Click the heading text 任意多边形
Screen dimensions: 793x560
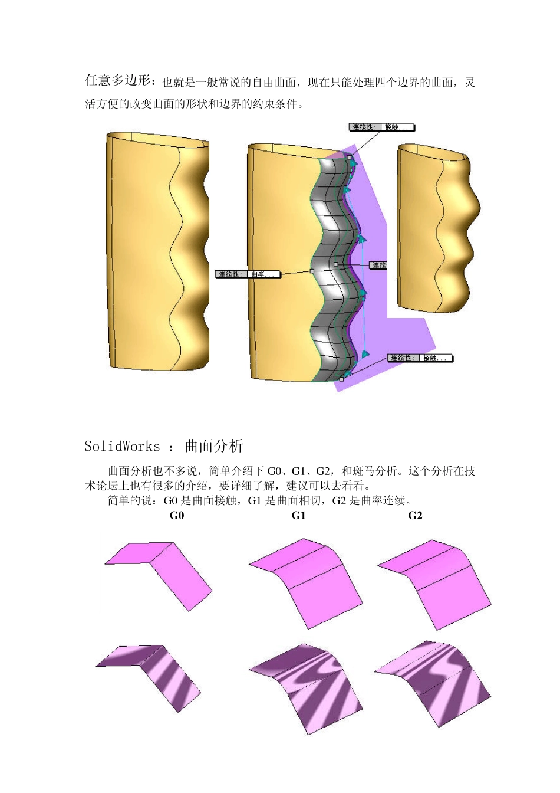tap(120, 80)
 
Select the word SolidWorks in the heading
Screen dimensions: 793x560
tap(122, 446)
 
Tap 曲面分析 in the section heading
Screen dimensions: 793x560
tap(213, 446)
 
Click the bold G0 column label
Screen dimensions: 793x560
tap(177, 516)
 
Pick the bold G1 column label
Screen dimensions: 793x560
tap(299, 516)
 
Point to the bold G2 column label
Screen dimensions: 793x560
tap(415, 516)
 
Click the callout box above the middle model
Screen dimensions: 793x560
tap(382, 127)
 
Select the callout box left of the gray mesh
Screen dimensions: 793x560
tap(247, 274)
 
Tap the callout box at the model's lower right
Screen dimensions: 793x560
tap(420, 358)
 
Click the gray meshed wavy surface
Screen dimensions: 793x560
tap(333, 266)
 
